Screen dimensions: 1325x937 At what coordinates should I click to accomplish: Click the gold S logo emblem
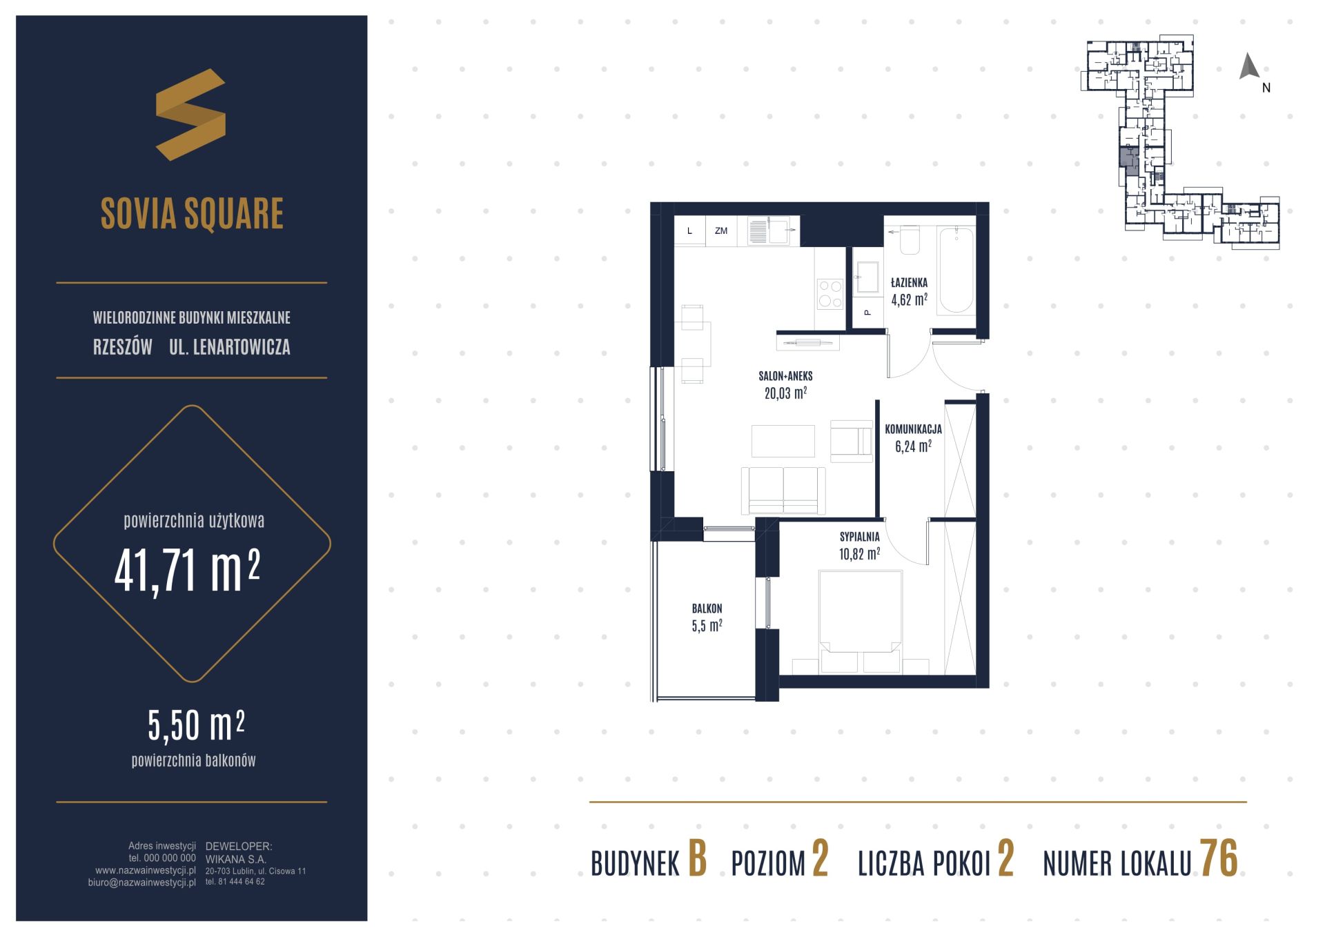point(190,115)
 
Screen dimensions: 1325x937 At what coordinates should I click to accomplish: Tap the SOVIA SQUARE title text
point(192,213)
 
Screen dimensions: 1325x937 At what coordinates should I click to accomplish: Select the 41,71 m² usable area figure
point(187,571)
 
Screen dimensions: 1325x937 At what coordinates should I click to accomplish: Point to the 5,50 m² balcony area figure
point(196,725)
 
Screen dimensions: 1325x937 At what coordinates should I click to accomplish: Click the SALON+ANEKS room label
point(785,376)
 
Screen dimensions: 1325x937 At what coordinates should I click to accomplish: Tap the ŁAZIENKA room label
point(909,282)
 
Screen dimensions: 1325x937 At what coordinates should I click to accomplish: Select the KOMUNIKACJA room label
point(913,428)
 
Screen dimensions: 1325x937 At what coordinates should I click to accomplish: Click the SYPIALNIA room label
point(859,536)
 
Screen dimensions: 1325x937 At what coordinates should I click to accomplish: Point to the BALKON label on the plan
point(707,609)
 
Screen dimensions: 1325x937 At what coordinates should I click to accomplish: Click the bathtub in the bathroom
point(956,271)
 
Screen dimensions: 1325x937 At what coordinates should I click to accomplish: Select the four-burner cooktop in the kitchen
point(830,293)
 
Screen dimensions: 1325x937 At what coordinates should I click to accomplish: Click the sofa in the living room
point(783,490)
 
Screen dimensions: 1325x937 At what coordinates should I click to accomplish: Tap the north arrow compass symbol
point(1249,67)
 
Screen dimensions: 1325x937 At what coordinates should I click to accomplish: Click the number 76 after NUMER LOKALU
point(1219,858)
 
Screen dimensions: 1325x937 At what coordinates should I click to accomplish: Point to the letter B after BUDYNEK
point(698,860)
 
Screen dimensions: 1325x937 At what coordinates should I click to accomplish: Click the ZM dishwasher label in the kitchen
point(721,231)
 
